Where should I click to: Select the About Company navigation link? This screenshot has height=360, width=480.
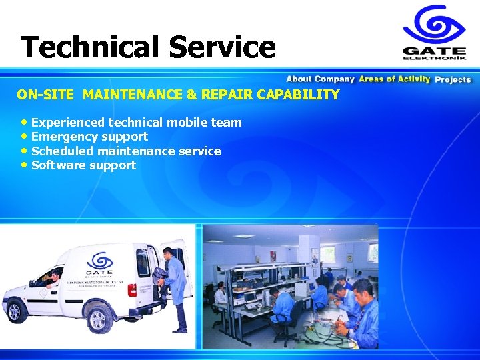pyautogui.click(x=320, y=79)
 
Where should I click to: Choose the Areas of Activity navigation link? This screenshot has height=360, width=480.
pyautogui.click(x=394, y=79)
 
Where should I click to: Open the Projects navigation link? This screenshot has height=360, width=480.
pyautogui.click(x=453, y=79)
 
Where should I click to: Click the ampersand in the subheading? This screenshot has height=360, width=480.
pyautogui.click(x=191, y=95)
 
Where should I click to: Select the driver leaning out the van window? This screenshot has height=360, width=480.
pyautogui.click(x=53, y=276)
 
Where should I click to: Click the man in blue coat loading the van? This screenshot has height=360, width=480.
pyautogui.click(x=175, y=287)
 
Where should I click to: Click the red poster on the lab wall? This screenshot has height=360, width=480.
pyautogui.click(x=273, y=255)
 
